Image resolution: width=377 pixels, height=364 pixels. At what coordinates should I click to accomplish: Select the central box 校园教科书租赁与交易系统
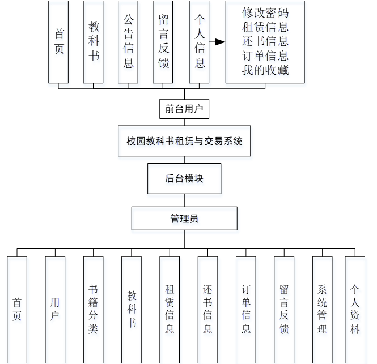coord(184,141)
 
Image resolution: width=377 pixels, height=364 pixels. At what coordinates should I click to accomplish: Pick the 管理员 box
coord(184,218)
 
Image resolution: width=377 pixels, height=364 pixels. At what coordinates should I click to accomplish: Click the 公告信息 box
coord(128,42)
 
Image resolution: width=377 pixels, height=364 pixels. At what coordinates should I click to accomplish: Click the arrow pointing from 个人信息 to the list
coord(216,42)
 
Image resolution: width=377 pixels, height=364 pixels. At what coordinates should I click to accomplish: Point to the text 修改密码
coord(265,12)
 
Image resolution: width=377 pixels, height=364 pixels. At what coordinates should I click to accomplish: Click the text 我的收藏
coord(265,70)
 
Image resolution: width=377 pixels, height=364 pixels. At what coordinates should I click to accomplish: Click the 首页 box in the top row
coord(59,42)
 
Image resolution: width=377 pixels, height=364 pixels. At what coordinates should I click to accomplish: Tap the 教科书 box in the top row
coord(94,42)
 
